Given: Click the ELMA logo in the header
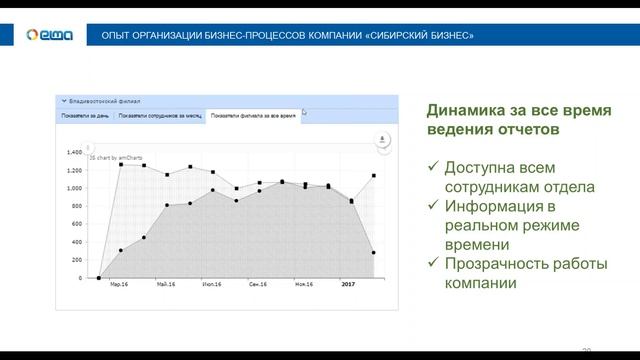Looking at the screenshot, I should (x=46, y=35).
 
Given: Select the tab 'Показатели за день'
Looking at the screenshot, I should (x=84, y=116).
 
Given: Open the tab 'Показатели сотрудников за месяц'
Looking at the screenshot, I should (x=160, y=116).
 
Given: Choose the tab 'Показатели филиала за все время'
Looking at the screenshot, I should (x=253, y=116).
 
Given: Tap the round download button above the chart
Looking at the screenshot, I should (x=381, y=141).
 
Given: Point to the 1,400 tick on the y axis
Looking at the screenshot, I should (x=74, y=153).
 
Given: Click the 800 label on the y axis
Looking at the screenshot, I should (x=76, y=207).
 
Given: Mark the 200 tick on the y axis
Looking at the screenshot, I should (x=76, y=261).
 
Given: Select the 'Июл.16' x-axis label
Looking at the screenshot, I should (x=209, y=285).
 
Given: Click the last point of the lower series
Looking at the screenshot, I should (x=373, y=253).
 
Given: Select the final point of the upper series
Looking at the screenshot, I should (x=373, y=176).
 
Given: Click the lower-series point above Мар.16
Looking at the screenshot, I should (x=121, y=251).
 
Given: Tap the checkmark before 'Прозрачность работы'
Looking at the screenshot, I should (x=432, y=264).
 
